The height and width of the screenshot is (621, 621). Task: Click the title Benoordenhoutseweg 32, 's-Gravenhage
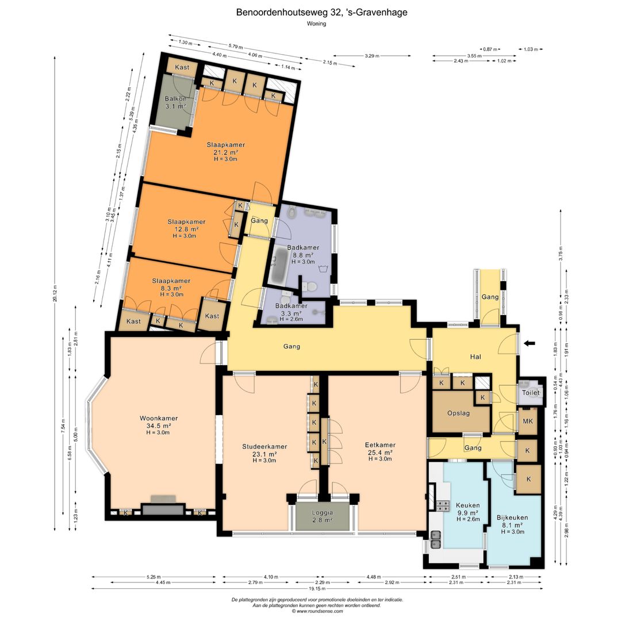click(310, 12)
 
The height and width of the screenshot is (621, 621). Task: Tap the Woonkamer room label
click(158, 419)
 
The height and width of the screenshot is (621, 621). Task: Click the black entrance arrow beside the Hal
click(530, 344)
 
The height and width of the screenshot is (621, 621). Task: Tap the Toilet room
click(530, 393)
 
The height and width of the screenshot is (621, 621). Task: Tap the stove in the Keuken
click(443, 506)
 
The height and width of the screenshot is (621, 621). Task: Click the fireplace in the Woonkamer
click(163, 508)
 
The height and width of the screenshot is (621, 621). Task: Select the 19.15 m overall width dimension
click(310, 588)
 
